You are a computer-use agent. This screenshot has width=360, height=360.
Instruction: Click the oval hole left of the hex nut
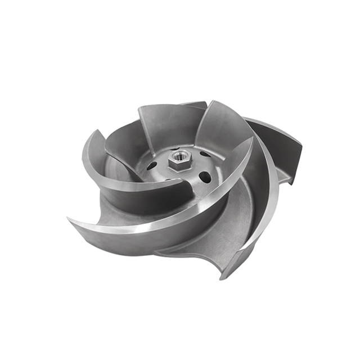(152, 166)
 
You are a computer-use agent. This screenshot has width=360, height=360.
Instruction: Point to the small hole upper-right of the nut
(202, 154)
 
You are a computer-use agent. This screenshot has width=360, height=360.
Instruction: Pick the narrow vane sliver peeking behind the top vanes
(194, 104)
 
